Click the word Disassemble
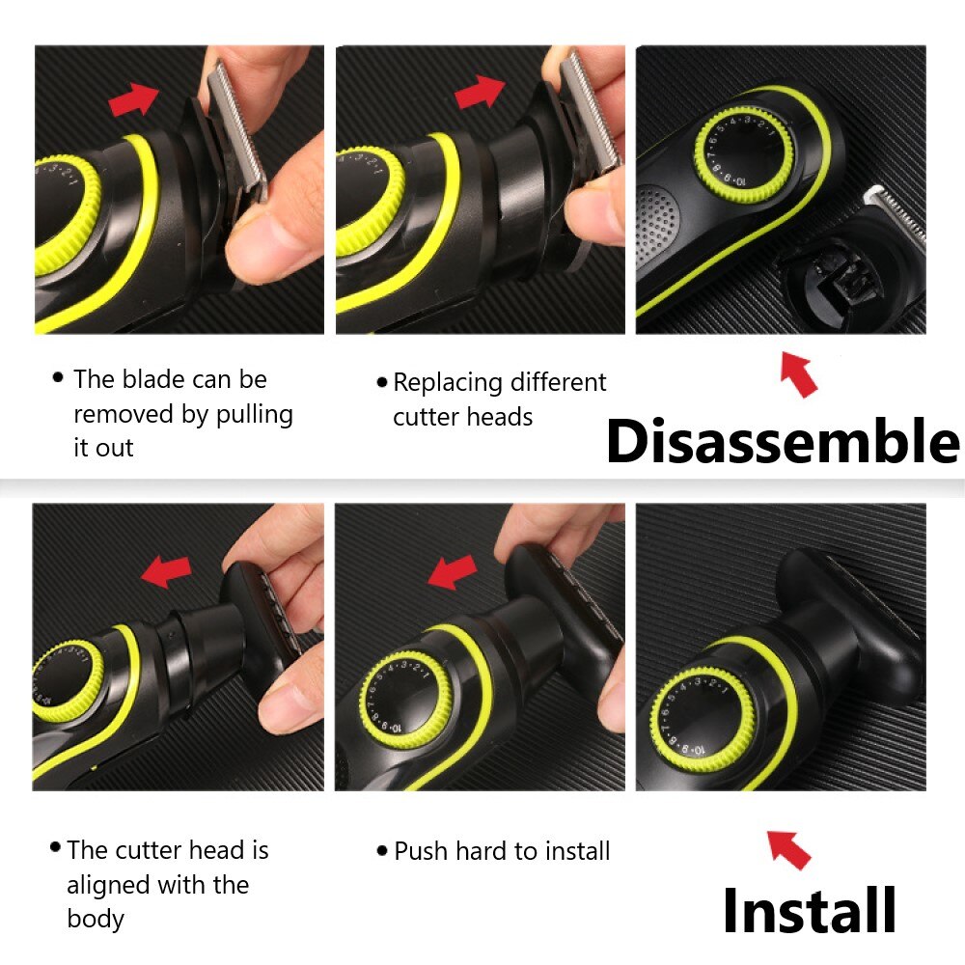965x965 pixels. [x=783, y=440]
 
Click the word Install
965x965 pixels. [x=810, y=910]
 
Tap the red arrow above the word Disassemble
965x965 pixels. [x=799, y=373]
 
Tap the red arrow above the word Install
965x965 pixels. [x=788, y=848]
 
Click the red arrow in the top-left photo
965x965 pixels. [x=134, y=98]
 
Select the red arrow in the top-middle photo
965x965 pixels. [x=480, y=92]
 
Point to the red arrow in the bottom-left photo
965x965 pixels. [x=166, y=570]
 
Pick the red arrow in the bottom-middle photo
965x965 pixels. [x=452, y=571]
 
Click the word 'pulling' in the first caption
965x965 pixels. [x=254, y=415]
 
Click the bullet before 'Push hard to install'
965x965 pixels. [x=382, y=851]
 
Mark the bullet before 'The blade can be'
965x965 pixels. [x=59, y=376]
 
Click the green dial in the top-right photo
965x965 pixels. [x=744, y=153]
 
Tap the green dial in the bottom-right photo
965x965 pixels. [x=703, y=719]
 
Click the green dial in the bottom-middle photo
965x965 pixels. [x=406, y=700]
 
